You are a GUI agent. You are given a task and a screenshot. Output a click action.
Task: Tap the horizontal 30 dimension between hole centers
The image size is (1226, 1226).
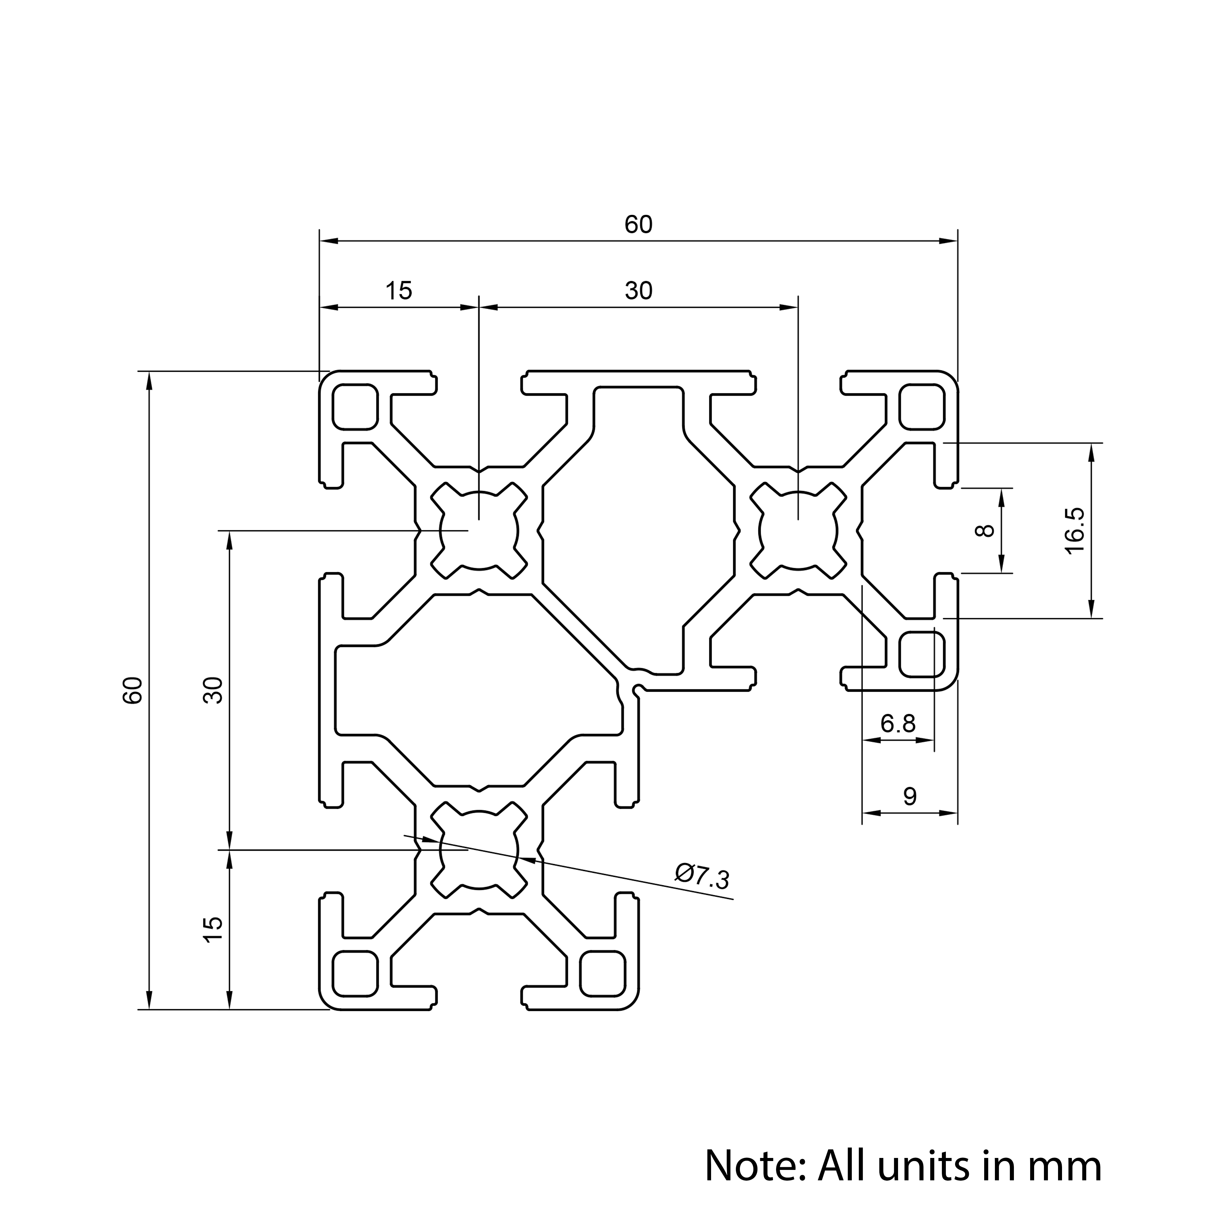coord(638,291)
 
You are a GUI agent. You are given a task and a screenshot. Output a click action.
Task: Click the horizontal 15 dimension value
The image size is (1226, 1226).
coord(398,291)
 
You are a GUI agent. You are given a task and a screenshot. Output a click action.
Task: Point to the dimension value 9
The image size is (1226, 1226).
coord(909,796)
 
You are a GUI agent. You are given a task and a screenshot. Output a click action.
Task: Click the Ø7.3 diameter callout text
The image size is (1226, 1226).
coord(702,876)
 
